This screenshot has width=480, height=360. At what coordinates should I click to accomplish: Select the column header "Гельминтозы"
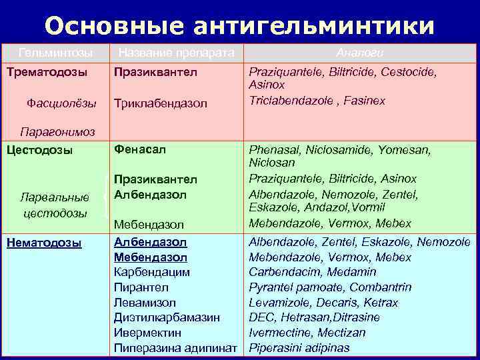(55, 51)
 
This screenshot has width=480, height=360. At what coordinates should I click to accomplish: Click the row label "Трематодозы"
(44, 70)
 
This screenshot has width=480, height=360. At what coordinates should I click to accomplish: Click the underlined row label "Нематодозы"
(43, 243)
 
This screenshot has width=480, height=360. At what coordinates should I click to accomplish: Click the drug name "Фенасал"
(139, 149)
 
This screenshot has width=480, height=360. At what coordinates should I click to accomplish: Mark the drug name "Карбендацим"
(152, 272)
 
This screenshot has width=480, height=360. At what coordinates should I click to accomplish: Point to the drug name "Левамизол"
(145, 303)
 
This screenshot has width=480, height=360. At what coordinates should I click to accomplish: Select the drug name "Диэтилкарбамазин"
(167, 318)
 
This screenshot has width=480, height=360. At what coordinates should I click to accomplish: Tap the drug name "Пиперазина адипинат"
(176, 348)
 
